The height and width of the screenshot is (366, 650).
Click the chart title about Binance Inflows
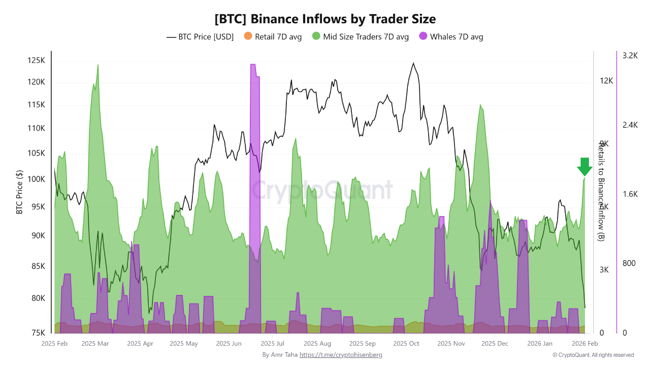pyautogui.click(x=325, y=19)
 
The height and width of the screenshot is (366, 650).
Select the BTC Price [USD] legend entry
pyautogui.click(x=200, y=37)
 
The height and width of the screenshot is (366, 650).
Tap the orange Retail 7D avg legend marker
pyautogui.click(x=248, y=36)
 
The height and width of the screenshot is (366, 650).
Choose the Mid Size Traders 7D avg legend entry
pyautogui.click(x=361, y=37)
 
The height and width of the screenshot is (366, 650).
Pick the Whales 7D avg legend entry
pyautogui.click(x=450, y=37)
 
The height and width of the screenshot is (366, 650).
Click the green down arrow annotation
pyautogui.click(x=584, y=167)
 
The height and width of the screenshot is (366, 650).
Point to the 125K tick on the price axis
pyautogui.click(x=36, y=60)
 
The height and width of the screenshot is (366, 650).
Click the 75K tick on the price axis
pyautogui.click(x=38, y=333)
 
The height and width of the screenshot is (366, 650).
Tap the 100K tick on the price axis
pyautogui.click(x=36, y=179)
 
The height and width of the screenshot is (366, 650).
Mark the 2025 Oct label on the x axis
pyautogui.click(x=406, y=344)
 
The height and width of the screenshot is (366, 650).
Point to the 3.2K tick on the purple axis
pyautogui.click(x=630, y=55)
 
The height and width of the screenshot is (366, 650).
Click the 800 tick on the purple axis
pyautogui.click(x=629, y=263)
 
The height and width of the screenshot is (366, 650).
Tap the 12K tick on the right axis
pyautogui.click(x=606, y=81)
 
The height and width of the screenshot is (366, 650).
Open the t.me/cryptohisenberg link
pyautogui.click(x=341, y=355)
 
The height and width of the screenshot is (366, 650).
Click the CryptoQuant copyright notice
pyautogui.click(x=593, y=355)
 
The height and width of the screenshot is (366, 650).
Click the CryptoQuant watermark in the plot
pyautogui.click(x=322, y=190)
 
